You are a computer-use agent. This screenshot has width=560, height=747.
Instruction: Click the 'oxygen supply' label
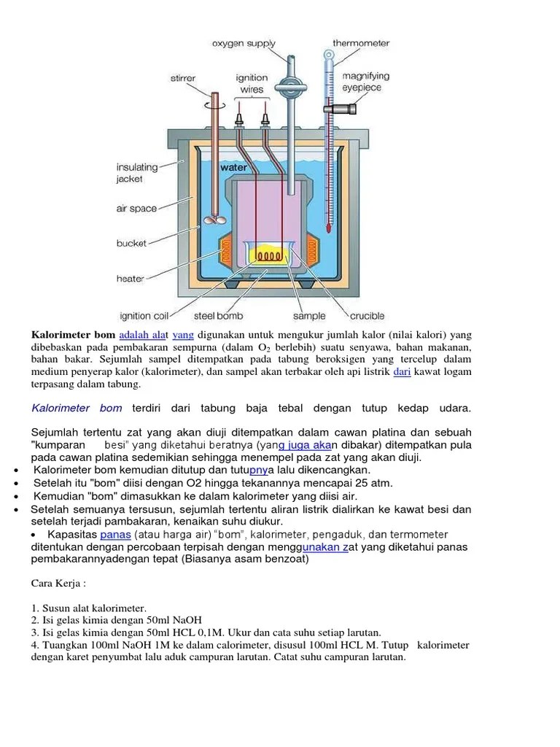[x=244, y=43]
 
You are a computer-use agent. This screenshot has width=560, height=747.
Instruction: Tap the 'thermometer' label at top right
[x=361, y=43]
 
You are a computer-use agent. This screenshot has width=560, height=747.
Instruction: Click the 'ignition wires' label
[x=252, y=83]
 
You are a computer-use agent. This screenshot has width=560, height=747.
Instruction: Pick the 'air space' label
[x=136, y=209]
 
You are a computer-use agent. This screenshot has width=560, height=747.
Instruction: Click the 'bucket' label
[x=131, y=243]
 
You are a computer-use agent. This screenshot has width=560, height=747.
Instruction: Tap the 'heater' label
[x=130, y=278]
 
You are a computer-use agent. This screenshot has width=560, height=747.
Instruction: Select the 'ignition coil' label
[x=144, y=317]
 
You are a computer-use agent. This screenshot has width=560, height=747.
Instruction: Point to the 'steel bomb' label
[x=218, y=317]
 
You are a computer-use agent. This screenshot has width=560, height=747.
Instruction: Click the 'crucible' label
[x=372, y=317]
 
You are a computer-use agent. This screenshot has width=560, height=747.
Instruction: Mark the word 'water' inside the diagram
[x=234, y=168]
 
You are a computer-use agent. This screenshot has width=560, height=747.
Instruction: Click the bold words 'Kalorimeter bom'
[x=73, y=335]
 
